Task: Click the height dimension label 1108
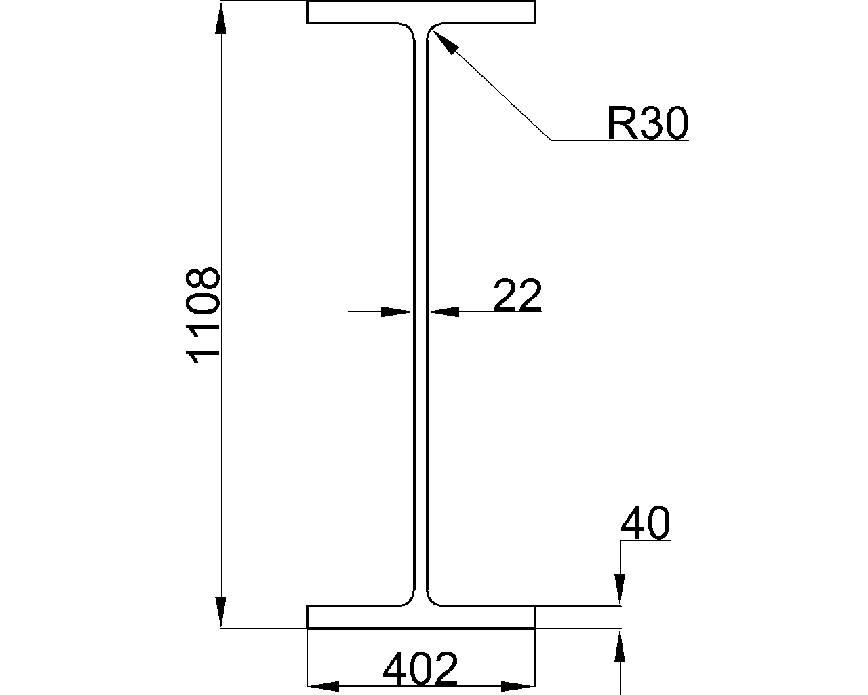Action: pos(203,316)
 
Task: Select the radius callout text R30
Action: pos(648,123)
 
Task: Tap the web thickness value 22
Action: pos(517,295)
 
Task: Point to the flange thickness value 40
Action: pos(646,523)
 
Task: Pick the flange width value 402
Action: pos(420,668)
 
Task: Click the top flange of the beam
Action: pos(420,12)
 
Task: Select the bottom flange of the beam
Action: pos(420,617)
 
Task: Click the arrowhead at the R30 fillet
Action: pos(443,41)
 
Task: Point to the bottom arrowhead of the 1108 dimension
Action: pos(221,612)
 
